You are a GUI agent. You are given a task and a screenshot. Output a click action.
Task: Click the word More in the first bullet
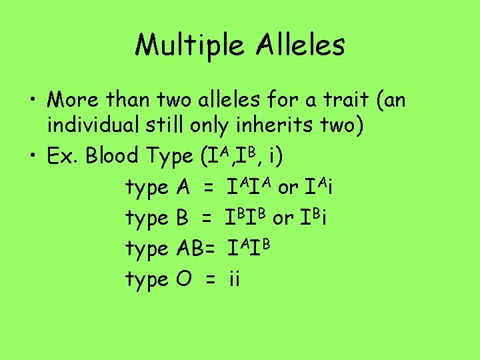pyautogui.click(x=74, y=101)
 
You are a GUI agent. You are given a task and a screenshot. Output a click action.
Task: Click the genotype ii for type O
pyautogui.click(x=233, y=279)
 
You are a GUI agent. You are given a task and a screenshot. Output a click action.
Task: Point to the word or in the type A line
pyautogui.click(x=288, y=188)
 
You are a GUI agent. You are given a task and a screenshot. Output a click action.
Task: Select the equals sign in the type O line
pyautogui.click(x=210, y=280)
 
